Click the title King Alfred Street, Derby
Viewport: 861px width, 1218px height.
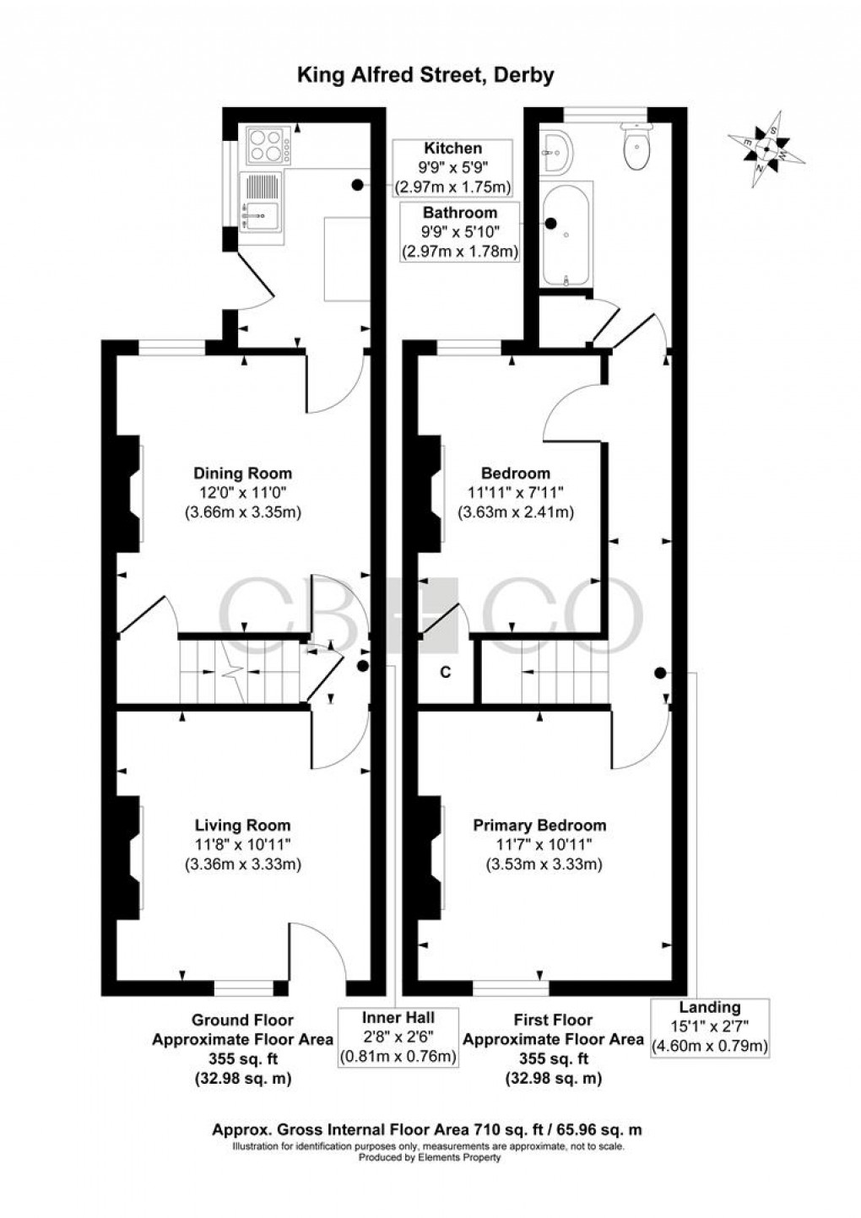click(425, 75)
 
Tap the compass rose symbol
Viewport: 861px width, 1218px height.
click(766, 149)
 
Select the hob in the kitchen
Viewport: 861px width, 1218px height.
click(267, 144)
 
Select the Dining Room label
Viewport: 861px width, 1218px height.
click(242, 473)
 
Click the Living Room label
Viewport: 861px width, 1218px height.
click(242, 826)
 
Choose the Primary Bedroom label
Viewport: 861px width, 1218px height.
click(539, 826)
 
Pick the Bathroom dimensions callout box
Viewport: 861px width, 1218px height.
click(460, 232)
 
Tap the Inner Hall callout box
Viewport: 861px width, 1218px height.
click(398, 1036)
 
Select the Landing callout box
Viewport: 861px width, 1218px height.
click(709, 1026)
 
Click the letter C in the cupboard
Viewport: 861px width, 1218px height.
click(445, 673)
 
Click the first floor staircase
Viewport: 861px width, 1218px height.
click(565, 672)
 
